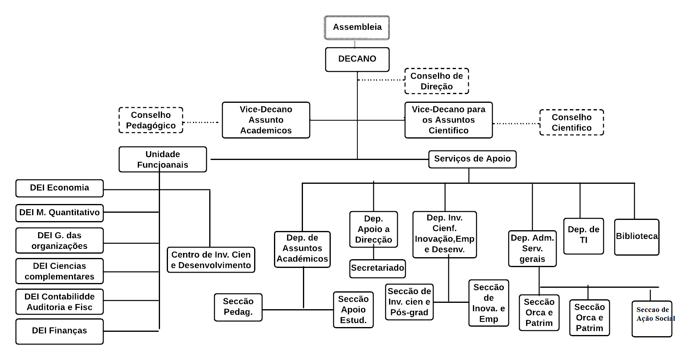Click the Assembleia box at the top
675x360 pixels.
point(357,27)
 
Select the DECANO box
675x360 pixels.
point(357,59)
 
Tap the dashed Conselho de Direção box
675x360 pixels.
point(436,81)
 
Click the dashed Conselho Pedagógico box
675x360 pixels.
point(151,120)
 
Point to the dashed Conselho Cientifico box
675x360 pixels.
point(571,122)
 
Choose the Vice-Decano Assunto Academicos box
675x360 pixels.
point(266,120)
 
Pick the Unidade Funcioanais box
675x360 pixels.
point(162,159)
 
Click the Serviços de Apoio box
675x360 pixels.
point(472,159)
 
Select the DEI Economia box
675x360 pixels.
point(60,188)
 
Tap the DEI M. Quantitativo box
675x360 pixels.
point(60,213)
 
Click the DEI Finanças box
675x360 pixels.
point(60,331)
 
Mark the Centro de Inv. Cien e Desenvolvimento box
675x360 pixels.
point(211,260)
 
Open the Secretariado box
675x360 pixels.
point(377,268)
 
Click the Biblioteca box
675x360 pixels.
point(636,237)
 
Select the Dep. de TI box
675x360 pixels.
point(583,236)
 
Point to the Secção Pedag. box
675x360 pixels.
point(238,307)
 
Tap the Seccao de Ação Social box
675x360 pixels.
point(652,318)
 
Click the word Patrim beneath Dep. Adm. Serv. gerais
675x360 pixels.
point(539,323)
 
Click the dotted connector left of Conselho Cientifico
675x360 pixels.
point(516,123)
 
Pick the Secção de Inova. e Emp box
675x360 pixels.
point(488,303)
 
